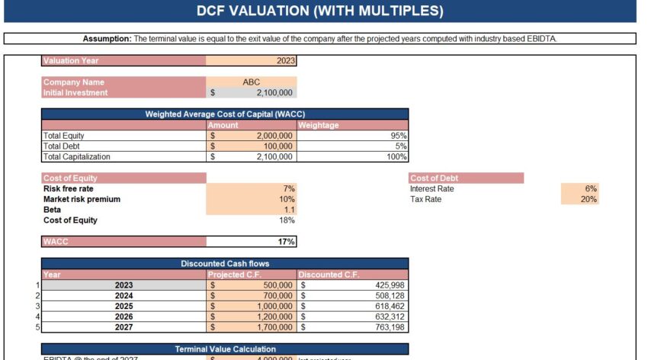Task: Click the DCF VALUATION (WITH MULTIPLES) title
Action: point(319,11)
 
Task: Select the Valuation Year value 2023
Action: point(285,61)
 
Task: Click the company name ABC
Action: point(251,82)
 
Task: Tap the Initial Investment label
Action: point(75,92)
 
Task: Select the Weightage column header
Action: point(319,125)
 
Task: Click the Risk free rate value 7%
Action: point(289,188)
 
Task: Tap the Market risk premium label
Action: point(82,199)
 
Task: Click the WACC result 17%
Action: point(287,242)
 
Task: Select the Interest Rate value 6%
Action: point(591,188)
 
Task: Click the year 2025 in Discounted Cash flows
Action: point(124,306)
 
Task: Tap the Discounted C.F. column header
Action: point(329,275)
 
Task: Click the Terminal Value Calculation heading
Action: point(225,349)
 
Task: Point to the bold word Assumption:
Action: point(107,38)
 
